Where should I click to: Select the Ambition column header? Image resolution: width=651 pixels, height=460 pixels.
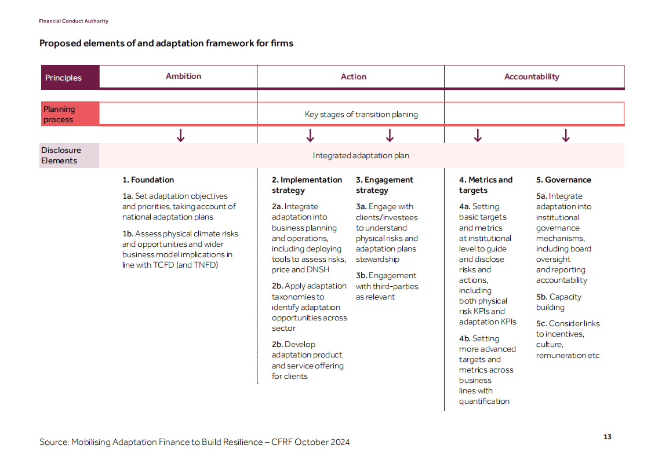coord(183,76)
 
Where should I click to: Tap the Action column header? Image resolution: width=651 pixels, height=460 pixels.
coord(354,76)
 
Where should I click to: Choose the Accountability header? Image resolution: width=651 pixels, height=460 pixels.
coord(532,76)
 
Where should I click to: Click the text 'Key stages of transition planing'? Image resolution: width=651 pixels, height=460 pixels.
coord(361,114)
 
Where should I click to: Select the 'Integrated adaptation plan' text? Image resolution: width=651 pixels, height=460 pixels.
coord(361,155)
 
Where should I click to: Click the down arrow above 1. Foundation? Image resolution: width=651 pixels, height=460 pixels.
coord(180,136)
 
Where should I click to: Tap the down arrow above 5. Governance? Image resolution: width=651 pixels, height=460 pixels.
coord(566,136)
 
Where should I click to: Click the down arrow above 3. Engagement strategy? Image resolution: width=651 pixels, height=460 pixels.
coord(390,136)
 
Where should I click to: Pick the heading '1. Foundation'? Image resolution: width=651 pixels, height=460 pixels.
coord(148,180)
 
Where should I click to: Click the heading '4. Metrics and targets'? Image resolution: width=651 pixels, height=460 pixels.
coord(485,185)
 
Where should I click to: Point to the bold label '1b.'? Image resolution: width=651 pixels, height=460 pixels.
coord(128,233)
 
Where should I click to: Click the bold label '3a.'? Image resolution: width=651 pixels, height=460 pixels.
coord(361,207)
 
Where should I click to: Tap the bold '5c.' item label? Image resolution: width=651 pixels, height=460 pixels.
coord(541,323)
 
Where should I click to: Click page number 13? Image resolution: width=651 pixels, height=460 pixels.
coord(607,437)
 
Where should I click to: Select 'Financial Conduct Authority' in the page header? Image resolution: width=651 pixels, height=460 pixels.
coord(74,21)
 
